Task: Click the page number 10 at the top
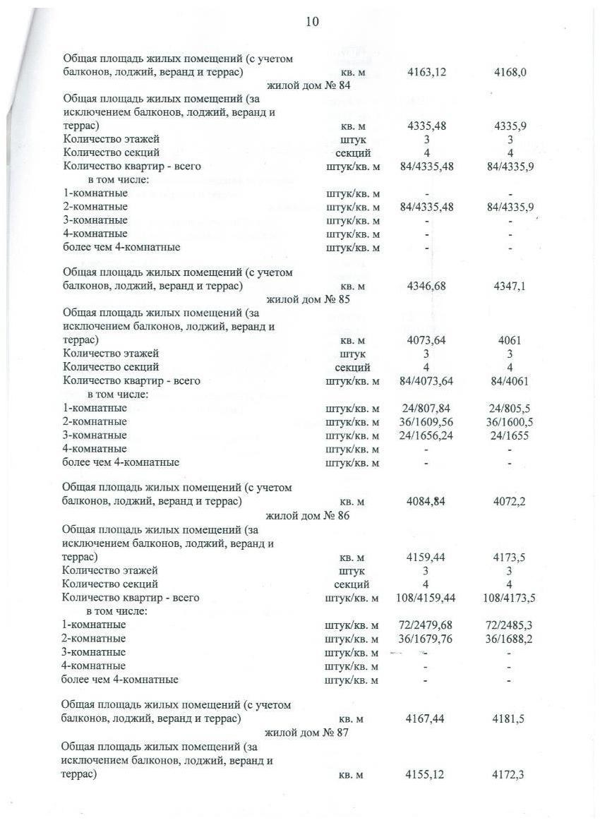pyautogui.click(x=312, y=22)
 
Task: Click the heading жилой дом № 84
pyautogui.click(x=309, y=86)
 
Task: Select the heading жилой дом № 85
pyautogui.click(x=308, y=299)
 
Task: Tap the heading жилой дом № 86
pyautogui.click(x=307, y=516)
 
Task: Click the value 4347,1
pyautogui.click(x=510, y=287)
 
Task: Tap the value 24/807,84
pyautogui.click(x=425, y=409)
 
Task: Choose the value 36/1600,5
pyautogui.click(x=510, y=422)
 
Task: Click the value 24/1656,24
pyautogui.click(x=425, y=435)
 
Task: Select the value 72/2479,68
pyautogui.click(x=424, y=625)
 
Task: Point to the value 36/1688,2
pyautogui.click(x=509, y=639)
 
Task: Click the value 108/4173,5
pyautogui.click(x=508, y=598)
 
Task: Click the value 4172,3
pyautogui.click(x=509, y=775)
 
